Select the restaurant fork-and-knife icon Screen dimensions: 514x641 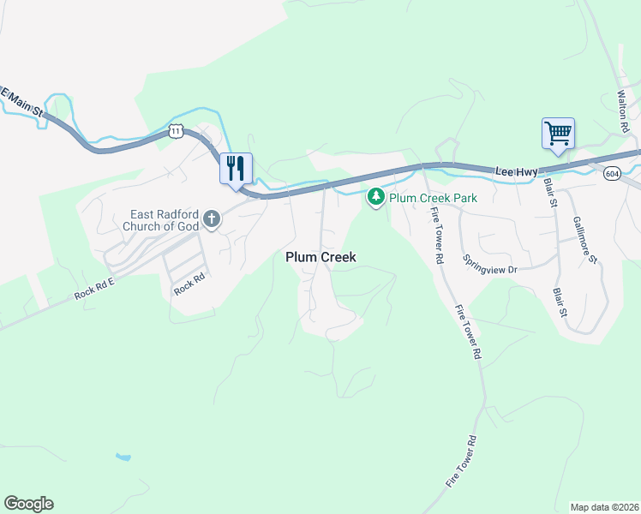236,168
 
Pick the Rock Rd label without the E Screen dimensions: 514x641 190,284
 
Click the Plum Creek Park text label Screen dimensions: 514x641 433,198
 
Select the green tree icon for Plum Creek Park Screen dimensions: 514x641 375,198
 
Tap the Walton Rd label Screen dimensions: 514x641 625,111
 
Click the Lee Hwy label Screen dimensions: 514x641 517,172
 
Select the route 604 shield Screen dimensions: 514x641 611,174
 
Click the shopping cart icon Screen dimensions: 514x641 558,134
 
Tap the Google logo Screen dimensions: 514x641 28,503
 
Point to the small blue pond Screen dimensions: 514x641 123,457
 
